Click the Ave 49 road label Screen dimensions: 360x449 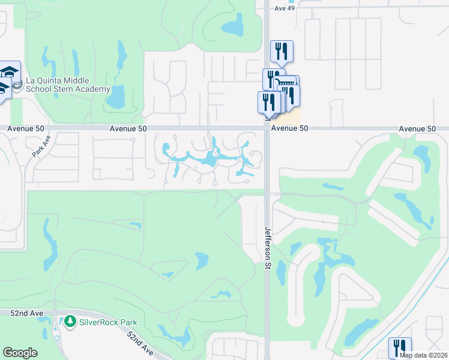(284, 8)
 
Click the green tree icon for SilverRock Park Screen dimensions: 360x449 (71, 322)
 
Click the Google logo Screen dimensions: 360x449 (20, 353)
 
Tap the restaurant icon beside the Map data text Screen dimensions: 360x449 (399, 347)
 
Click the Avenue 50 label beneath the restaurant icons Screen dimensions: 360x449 (289, 128)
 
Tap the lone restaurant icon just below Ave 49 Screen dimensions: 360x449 (282, 51)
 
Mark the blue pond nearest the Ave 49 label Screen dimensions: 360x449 (232, 26)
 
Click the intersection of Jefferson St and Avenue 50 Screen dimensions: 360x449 (267, 128)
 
